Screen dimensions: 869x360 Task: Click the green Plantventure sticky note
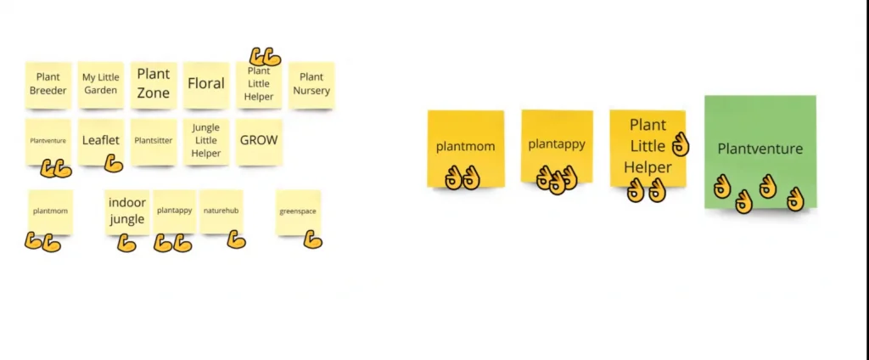point(760,151)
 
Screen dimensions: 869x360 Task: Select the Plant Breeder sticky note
point(48,85)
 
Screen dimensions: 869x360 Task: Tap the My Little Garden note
point(100,85)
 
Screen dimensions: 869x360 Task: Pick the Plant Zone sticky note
point(154,85)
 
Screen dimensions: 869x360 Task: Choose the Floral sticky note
point(206,85)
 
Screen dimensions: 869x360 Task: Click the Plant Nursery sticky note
point(311,85)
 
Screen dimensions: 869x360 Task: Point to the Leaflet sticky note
point(100,142)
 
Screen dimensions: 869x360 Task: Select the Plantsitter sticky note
point(154,142)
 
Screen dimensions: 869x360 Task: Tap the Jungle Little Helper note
point(206,142)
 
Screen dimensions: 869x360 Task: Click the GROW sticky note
point(259,142)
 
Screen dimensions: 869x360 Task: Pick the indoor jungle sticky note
point(127,212)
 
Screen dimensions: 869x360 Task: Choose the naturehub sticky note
point(221,212)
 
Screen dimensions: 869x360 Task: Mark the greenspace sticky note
point(298,212)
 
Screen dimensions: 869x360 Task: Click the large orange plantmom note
point(466,148)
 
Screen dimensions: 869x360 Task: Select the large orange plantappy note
point(557,146)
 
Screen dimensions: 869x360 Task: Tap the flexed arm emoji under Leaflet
point(113,163)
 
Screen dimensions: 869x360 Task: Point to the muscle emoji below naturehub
point(236,239)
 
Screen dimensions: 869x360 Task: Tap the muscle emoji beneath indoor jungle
point(126,243)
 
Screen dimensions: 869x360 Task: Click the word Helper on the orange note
point(648,167)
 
